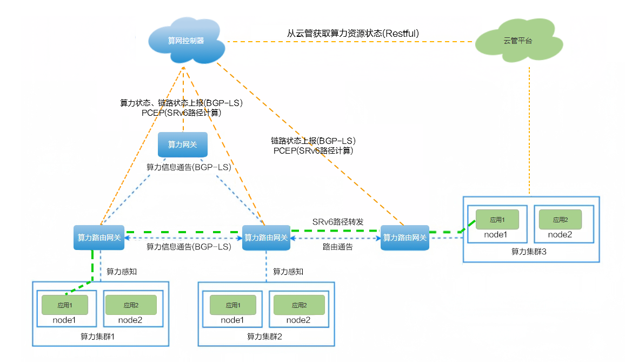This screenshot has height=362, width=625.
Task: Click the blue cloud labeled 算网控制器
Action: (x=185, y=41)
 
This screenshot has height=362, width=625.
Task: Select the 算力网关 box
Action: (x=182, y=144)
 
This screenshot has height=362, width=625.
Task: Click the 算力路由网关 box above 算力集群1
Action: (x=99, y=238)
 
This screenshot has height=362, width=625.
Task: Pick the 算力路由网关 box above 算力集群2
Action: (x=266, y=238)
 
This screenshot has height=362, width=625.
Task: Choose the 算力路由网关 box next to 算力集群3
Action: (x=404, y=238)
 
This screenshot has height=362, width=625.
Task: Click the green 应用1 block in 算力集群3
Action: (x=497, y=220)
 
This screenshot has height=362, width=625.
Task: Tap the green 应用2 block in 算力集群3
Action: (x=560, y=220)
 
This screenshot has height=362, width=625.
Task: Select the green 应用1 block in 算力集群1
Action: (x=64, y=305)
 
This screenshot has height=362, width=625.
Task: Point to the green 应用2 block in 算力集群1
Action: (x=130, y=305)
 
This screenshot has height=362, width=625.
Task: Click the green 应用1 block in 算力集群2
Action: (x=232, y=305)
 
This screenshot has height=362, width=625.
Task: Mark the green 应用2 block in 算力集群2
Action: (x=298, y=305)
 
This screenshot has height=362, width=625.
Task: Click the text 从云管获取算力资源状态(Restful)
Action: (x=354, y=34)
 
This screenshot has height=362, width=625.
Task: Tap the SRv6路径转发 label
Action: (x=337, y=222)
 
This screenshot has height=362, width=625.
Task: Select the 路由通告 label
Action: (x=337, y=247)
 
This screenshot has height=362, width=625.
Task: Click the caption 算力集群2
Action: (x=265, y=337)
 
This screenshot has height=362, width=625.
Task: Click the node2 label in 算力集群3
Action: (x=560, y=234)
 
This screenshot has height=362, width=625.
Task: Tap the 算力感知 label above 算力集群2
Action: (x=288, y=271)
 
